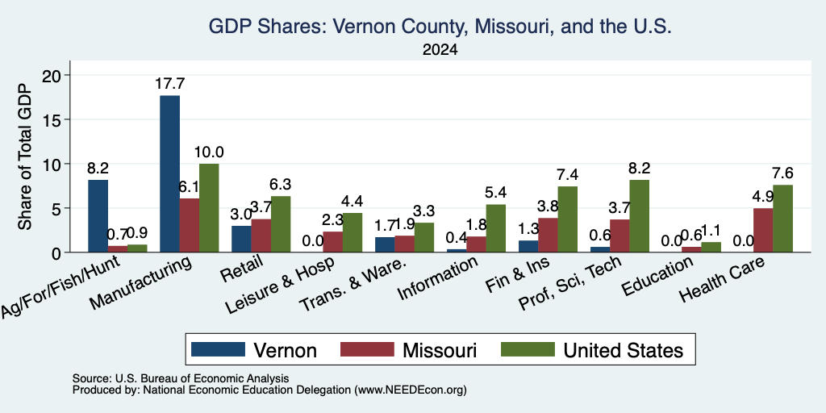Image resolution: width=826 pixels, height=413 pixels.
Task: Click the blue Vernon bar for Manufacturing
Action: coord(169,174)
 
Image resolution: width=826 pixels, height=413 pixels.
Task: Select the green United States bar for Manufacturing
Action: coord(209,208)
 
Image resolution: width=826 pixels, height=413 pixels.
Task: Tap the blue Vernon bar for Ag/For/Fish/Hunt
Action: coord(98,216)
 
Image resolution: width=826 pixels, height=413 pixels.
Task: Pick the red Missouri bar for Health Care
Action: coord(763,230)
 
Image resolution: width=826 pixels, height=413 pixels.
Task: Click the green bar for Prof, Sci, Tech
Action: coord(639,216)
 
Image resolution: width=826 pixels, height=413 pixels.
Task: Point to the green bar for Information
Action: coord(496,228)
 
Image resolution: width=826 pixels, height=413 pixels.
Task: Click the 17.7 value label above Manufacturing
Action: coord(169,84)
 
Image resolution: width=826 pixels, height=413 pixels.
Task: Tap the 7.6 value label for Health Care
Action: coord(782,173)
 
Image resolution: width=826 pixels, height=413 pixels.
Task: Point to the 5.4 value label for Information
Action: coord(496,193)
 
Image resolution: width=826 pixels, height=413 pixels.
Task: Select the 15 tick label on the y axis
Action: coord(54,119)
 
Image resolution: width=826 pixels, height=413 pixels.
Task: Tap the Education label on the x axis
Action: coord(657,276)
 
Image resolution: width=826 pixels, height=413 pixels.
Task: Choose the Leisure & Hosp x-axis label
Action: coord(279,286)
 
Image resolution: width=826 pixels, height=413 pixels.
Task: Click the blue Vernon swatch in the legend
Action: coord(218,349)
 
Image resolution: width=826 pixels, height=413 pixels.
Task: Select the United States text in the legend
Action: coord(624,350)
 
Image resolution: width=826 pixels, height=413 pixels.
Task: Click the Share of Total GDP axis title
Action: coord(25,156)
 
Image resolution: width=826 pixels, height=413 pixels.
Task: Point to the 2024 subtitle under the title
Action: coord(440,50)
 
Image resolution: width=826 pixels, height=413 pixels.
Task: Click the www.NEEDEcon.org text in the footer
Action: coord(411,390)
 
